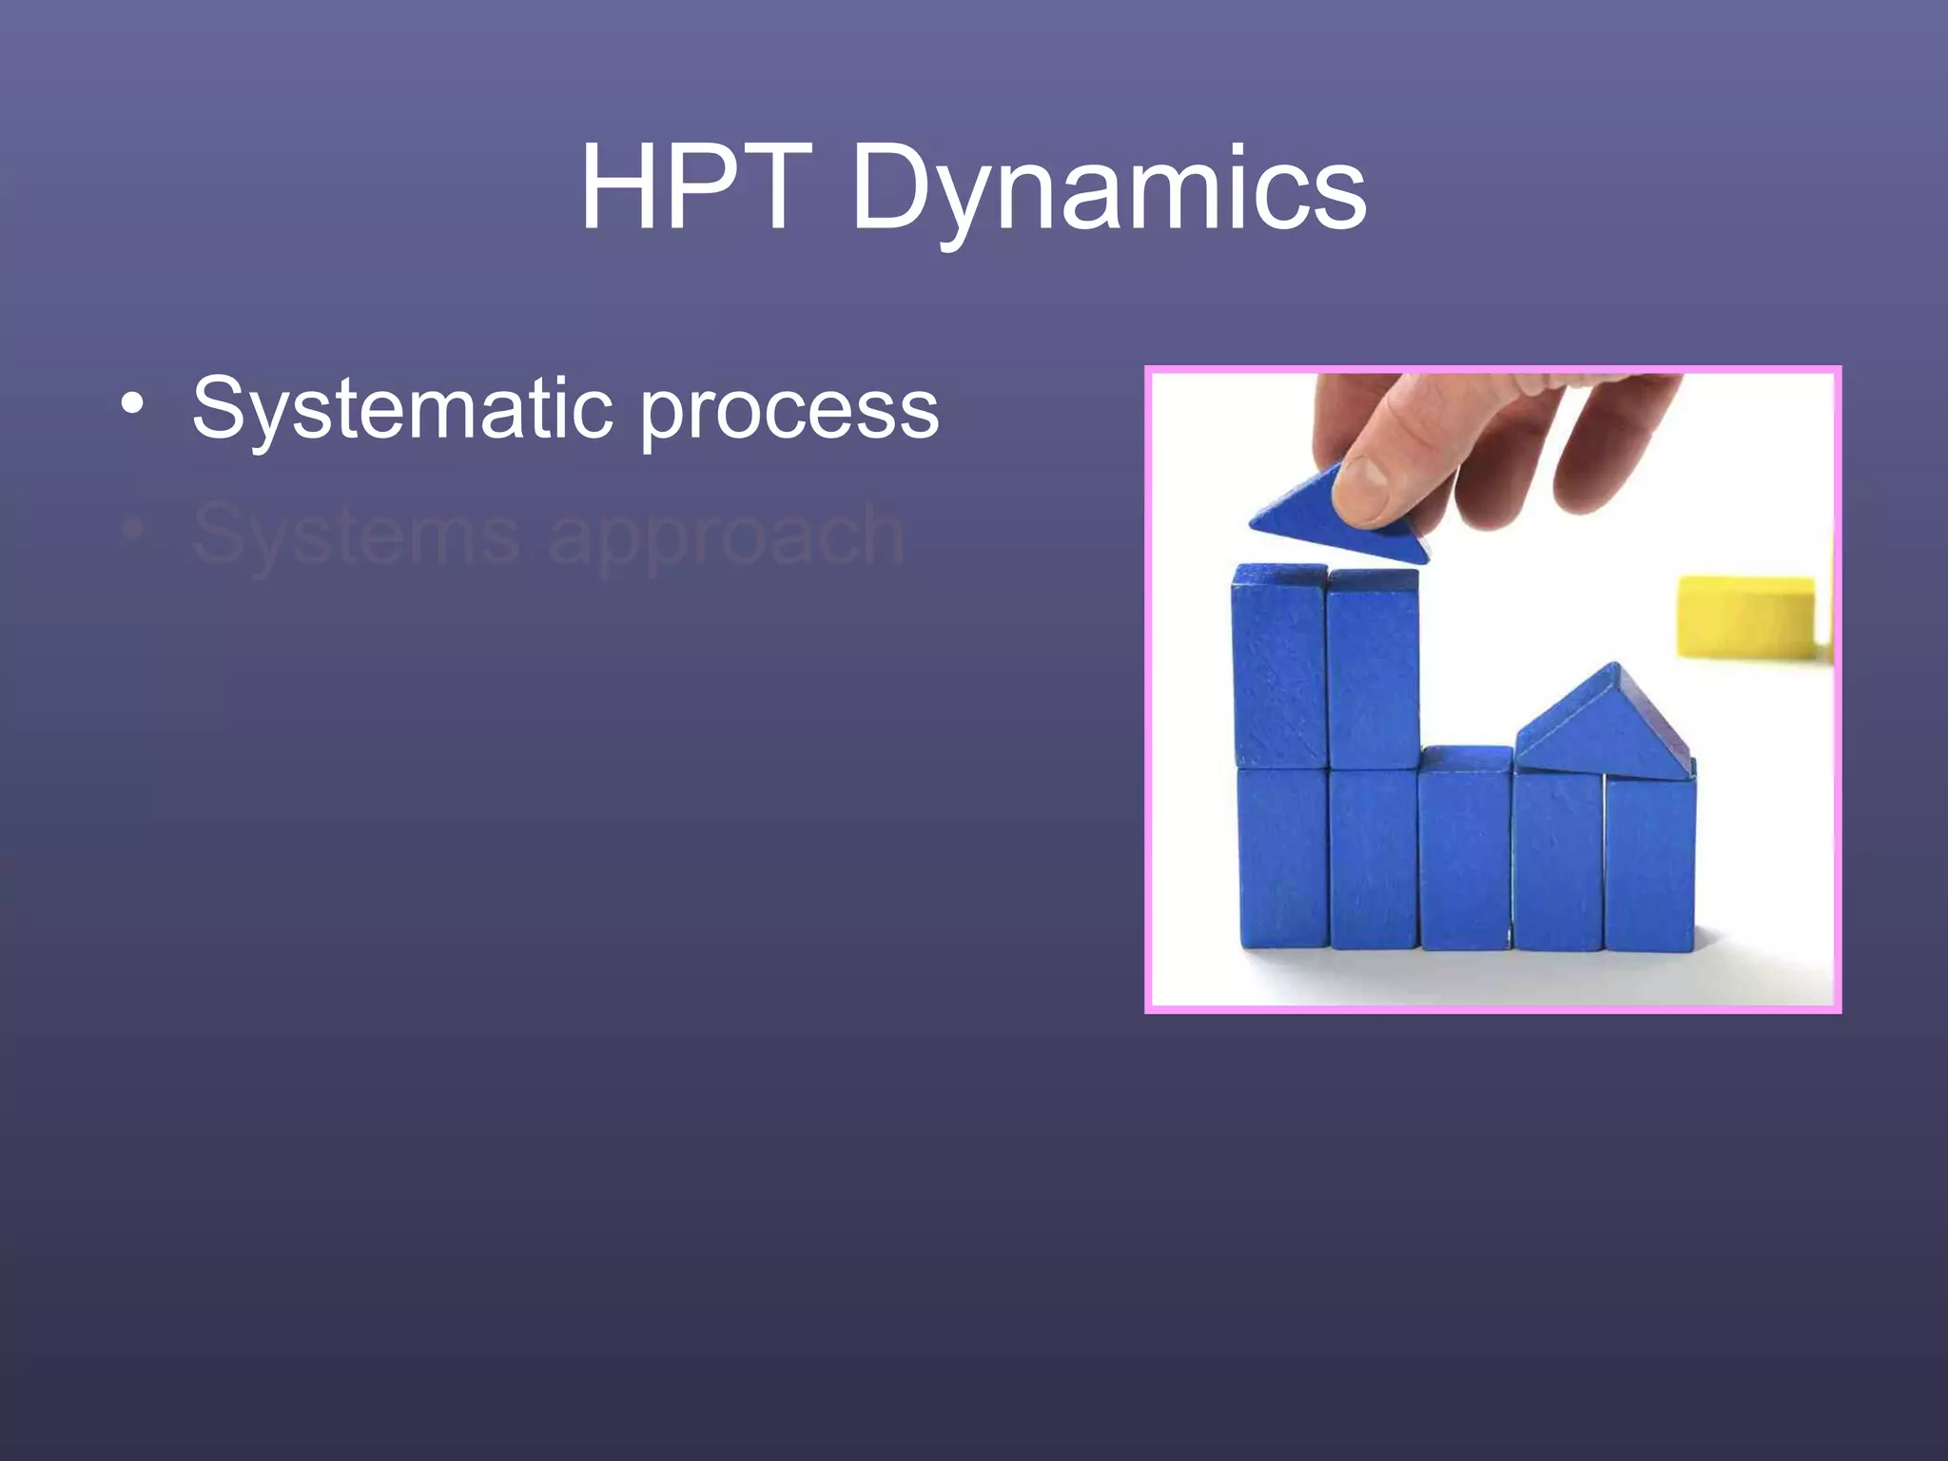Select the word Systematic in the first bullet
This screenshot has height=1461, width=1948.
pos(399,409)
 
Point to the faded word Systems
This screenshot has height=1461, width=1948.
pos(356,535)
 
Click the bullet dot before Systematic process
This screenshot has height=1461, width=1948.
pos(133,403)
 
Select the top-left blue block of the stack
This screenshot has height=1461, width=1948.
pos(1279,666)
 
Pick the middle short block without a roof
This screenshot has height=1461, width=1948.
pos(1465,847)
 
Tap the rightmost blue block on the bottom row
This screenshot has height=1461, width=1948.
pos(1650,861)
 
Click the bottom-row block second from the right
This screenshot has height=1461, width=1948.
pos(1557,861)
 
